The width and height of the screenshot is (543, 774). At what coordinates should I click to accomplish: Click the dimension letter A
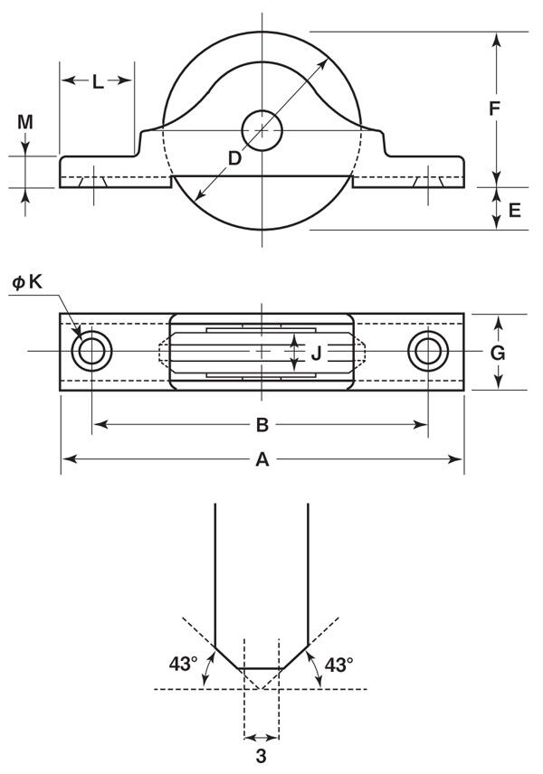pyautogui.click(x=262, y=459)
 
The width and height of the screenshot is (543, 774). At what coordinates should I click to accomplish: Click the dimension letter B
pyautogui.click(x=262, y=424)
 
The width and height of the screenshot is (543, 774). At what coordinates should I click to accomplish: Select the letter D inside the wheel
pyautogui.click(x=234, y=158)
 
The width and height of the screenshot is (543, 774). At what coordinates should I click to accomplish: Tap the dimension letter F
pyautogui.click(x=494, y=109)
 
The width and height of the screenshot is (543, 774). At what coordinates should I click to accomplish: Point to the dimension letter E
pyautogui.click(x=515, y=211)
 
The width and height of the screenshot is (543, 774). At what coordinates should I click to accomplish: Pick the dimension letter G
pyautogui.click(x=498, y=353)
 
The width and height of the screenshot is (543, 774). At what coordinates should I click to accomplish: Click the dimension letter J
pyautogui.click(x=316, y=353)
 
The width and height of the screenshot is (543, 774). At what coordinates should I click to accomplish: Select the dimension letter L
pyautogui.click(x=98, y=82)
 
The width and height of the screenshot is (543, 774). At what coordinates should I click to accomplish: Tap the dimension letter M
pyautogui.click(x=25, y=121)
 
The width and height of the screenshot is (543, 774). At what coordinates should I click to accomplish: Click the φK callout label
pyautogui.click(x=27, y=282)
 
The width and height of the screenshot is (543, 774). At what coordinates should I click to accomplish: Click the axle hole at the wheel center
pyautogui.click(x=262, y=130)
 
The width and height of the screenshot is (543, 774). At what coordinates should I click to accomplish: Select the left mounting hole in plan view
pyautogui.click(x=92, y=352)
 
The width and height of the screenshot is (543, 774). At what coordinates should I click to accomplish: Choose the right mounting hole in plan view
pyautogui.click(x=428, y=352)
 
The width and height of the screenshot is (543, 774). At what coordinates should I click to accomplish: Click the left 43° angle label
pyautogui.click(x=184, y=664)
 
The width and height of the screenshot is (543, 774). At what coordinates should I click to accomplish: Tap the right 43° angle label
pyautogui.click(x=339, y=665)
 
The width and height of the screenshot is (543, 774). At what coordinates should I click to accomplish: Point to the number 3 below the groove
pyautogui.click(x=261, y=756)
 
